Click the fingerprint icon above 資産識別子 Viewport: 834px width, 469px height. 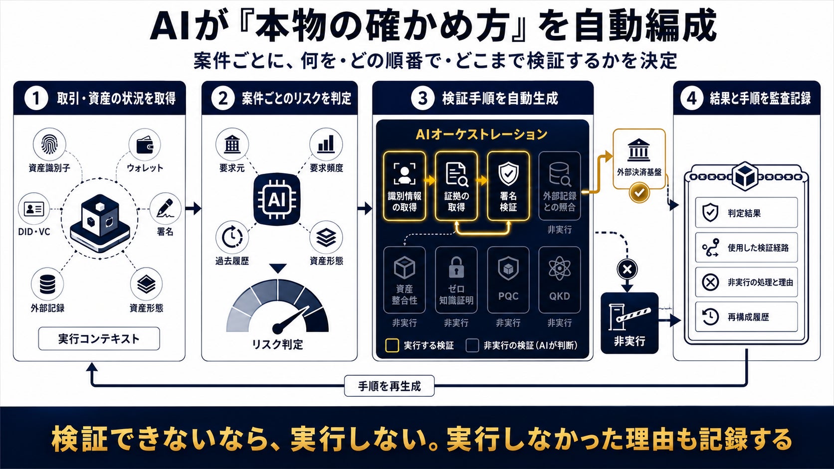tap(49, 145)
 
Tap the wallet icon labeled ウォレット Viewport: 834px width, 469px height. tap(145, 145)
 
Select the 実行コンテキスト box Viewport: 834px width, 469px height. tap(99, 338)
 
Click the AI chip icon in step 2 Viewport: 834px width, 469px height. tap(276, 200)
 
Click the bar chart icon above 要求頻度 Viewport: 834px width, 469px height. tap(326, 144)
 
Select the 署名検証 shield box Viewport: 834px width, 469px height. tap(508, 186)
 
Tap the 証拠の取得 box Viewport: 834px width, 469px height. tap(456, 186)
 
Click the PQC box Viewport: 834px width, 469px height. tap(508, 280)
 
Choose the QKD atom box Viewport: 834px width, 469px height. tap(560, 280)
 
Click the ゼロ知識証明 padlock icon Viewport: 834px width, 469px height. tap(456, 268)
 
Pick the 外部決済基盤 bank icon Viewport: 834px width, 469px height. tap(638, 150)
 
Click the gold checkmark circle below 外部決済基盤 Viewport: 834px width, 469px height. tap(639, 193)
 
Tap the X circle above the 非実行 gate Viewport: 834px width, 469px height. tap(627, 269)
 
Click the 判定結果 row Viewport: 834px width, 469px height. tap(747, 212)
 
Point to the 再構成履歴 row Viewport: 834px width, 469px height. tap(747, 317)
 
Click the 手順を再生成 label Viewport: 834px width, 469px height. tap(390, 386)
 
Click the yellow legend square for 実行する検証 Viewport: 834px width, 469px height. tap(392, 345)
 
